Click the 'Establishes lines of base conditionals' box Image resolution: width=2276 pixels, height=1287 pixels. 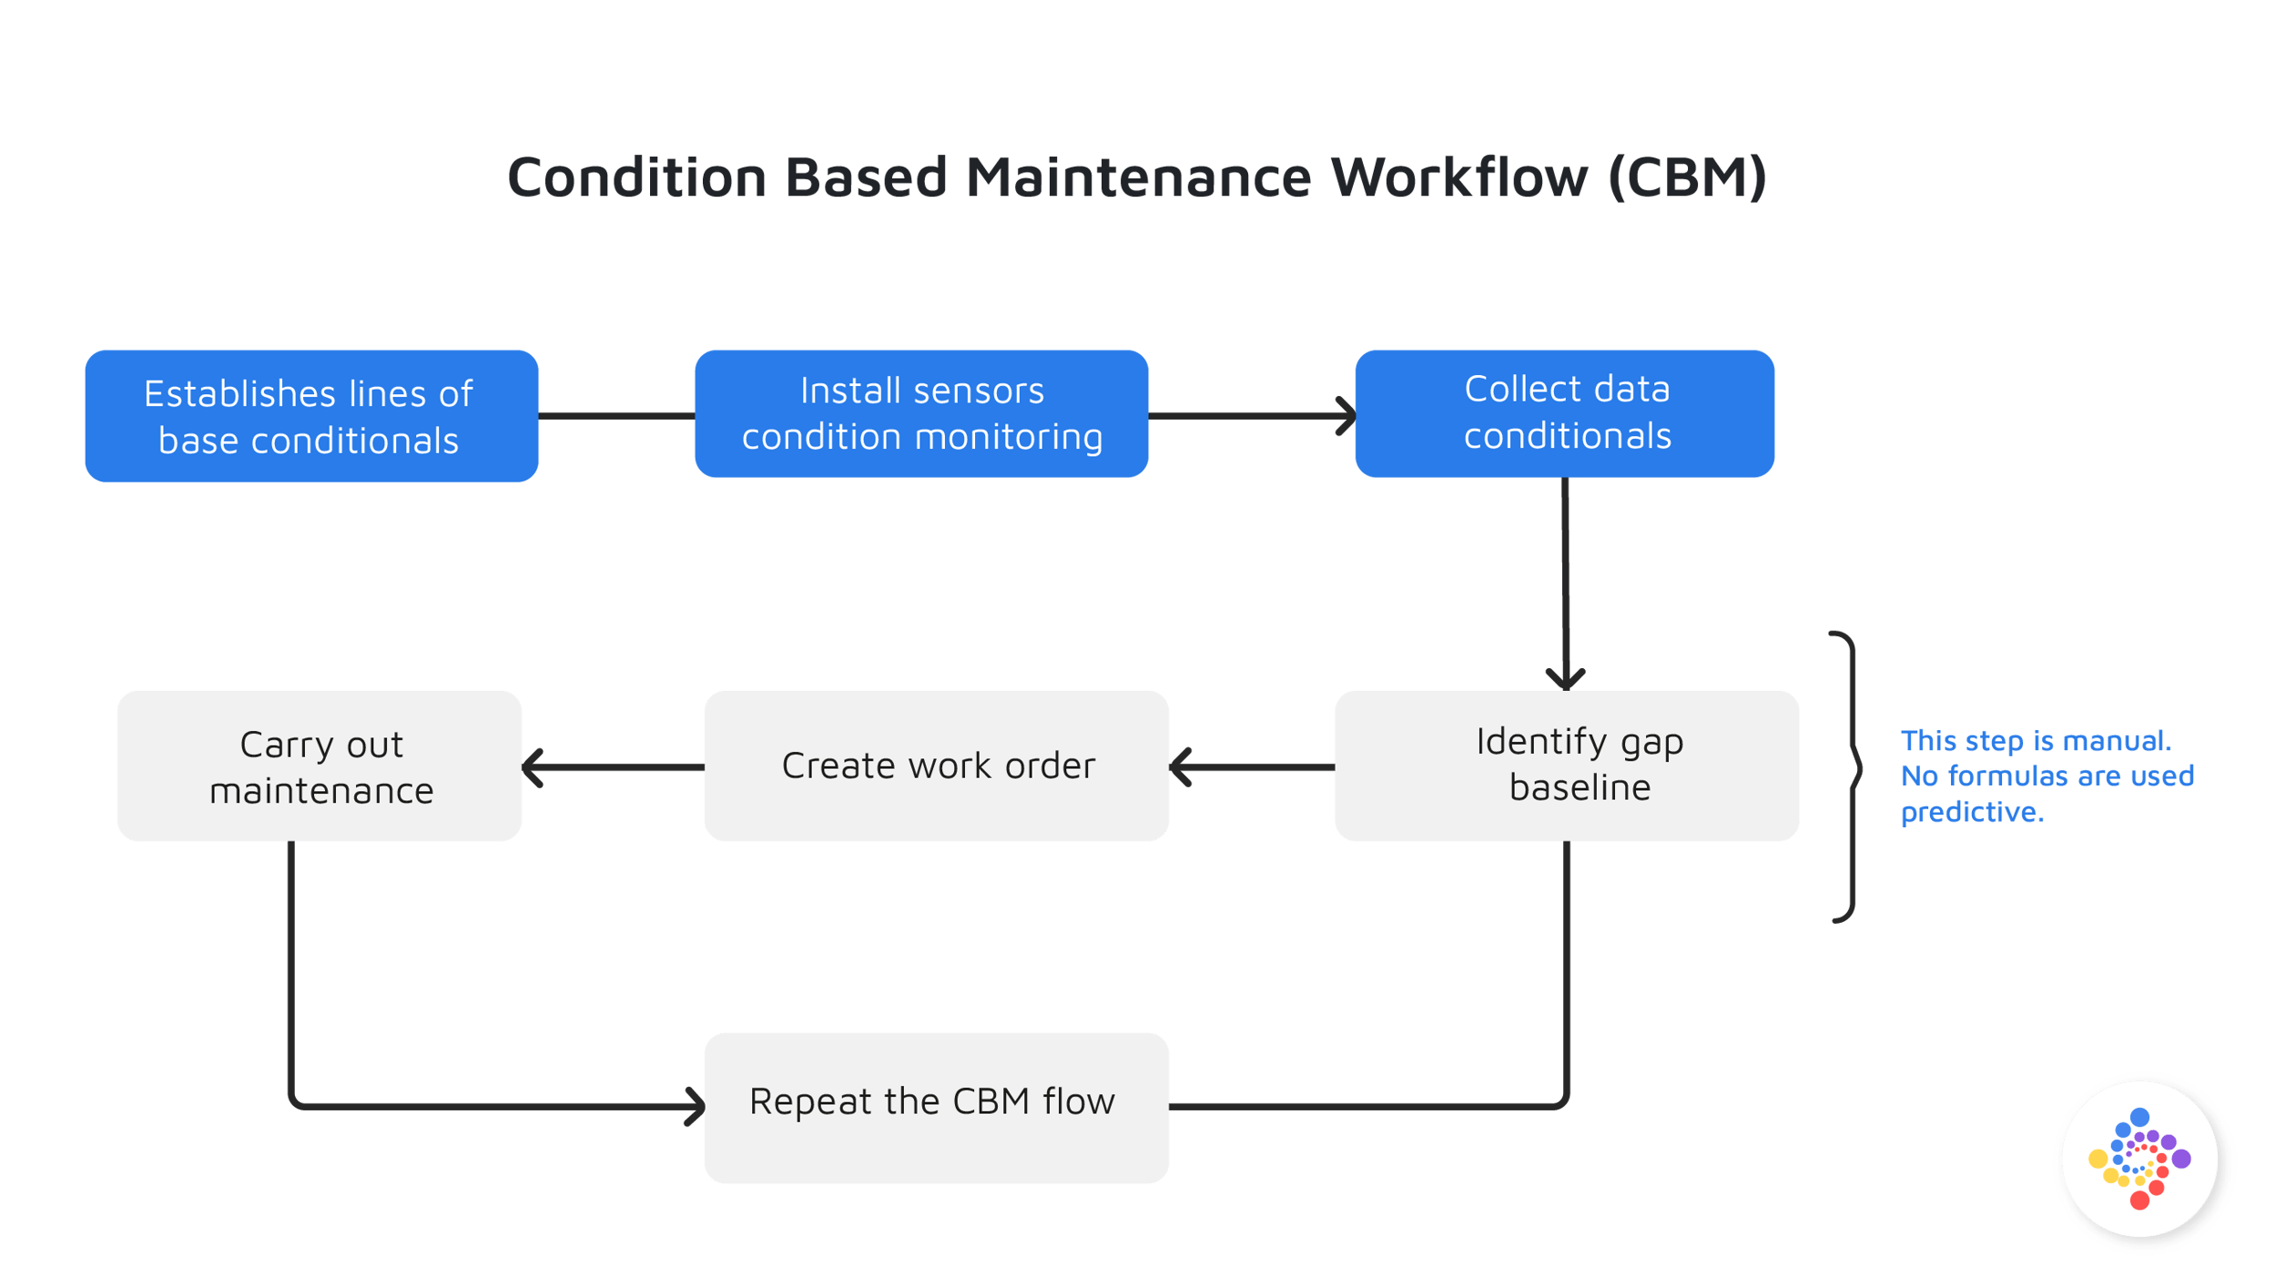click(311, 416)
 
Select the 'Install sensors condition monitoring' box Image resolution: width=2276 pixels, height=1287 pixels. click(920, 414)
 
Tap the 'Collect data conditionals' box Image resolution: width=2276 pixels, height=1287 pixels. click(1564, 413)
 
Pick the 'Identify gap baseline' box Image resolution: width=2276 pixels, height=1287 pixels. click(1566, 765)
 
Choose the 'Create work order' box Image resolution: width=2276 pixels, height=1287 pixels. click(936, 765)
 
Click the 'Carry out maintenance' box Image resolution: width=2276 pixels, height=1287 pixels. click(319, 765)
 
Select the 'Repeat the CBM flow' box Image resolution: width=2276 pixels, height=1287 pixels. click(936, 1108)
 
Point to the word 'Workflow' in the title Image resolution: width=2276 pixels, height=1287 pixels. click(1458, 177)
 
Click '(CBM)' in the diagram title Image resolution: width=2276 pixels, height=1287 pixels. click(1687, 177)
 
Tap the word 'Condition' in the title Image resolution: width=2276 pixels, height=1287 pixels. click(637, 177)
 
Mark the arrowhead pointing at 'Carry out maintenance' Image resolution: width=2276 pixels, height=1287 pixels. click(533, 767)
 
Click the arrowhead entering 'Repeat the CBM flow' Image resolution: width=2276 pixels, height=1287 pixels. click(696, 1107)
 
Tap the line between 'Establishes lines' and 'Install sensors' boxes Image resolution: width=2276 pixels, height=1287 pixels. click(616, 416)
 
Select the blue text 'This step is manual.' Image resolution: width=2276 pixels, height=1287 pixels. click(2036, 741)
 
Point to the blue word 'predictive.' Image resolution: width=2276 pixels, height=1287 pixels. click(1972, 811)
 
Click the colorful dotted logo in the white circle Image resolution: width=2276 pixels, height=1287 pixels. click(2139, 1160)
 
